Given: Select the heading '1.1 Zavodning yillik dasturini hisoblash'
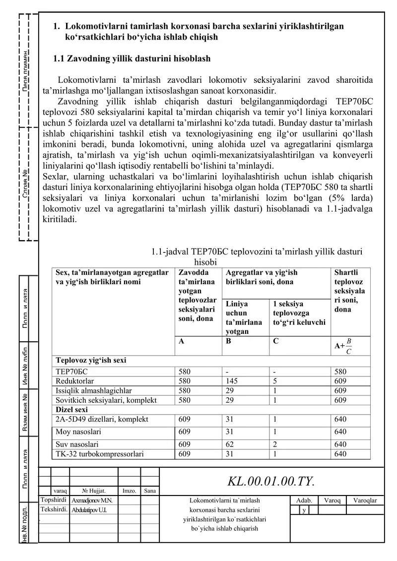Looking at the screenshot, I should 132,59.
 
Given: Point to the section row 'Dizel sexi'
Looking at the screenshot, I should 71,410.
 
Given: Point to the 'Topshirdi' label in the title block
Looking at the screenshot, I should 53,500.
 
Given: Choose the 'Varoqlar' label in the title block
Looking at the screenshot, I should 365,500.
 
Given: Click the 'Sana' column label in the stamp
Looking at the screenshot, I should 150,491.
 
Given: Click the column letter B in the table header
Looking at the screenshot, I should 228,341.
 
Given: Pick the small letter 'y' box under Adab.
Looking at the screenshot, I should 303,510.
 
